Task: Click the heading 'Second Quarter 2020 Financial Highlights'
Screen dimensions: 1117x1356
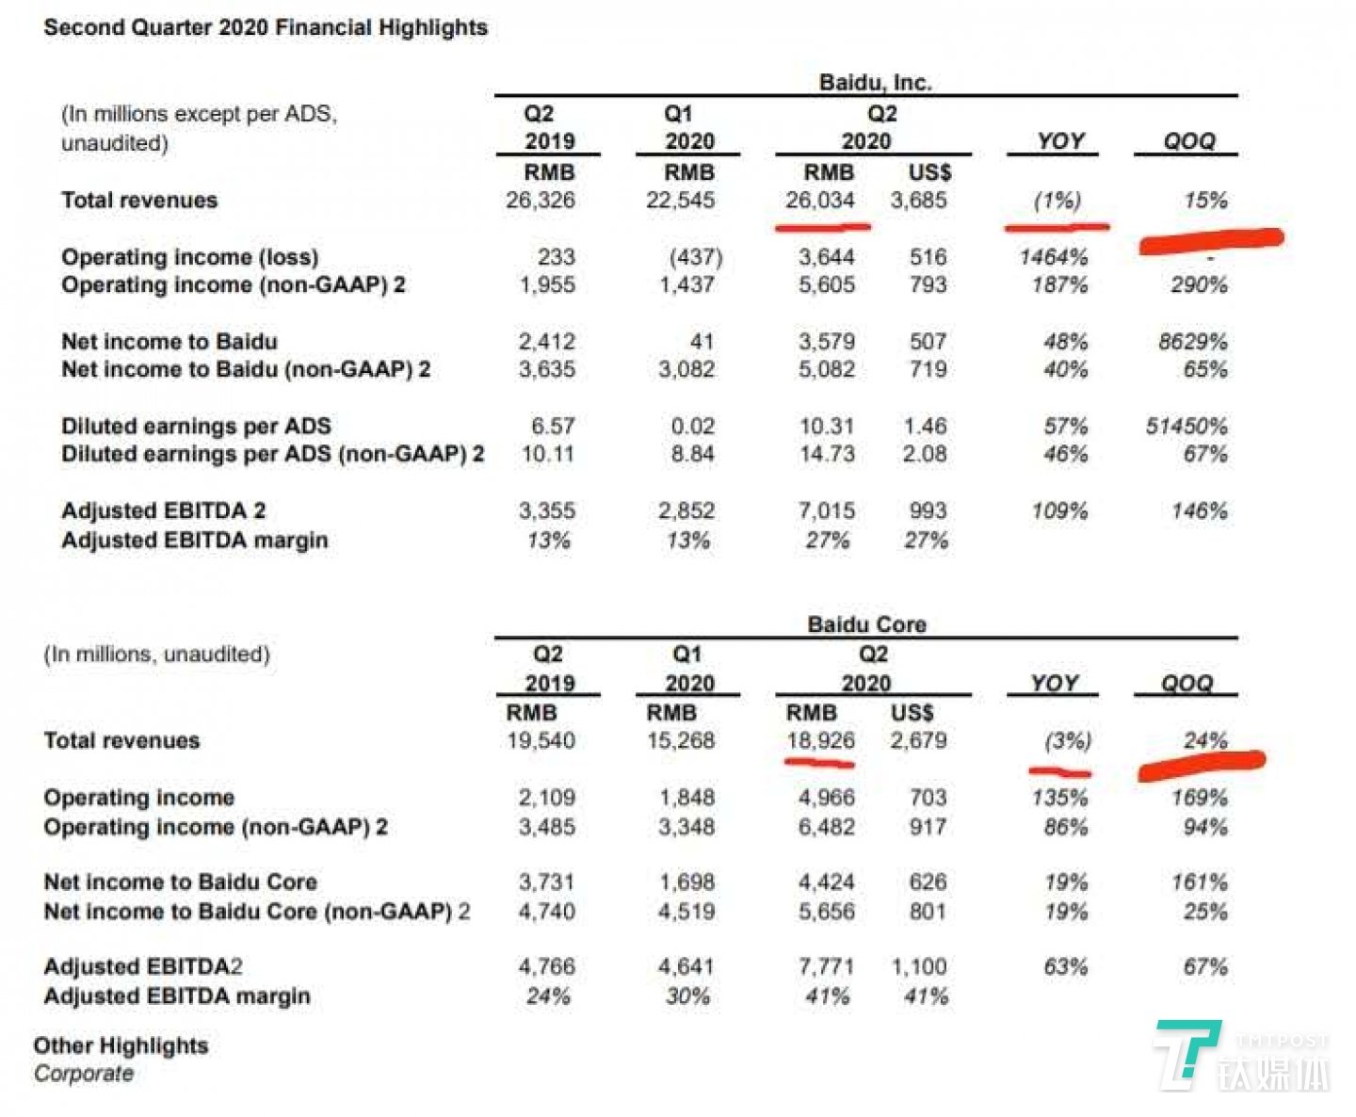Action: [266, 27]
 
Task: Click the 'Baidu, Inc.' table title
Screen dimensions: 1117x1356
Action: [875, 83]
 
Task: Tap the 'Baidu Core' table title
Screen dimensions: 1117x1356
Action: [866, 624]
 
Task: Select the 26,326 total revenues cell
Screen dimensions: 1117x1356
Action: [541, 201]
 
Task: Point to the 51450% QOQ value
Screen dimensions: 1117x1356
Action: [1186, 427]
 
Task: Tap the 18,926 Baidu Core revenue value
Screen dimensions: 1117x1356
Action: [821, 741]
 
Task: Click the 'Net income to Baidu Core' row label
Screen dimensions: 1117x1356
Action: [180, 882]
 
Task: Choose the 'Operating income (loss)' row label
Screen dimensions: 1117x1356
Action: [189, 257]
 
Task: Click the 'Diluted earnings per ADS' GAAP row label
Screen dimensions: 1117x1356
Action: [196, 426]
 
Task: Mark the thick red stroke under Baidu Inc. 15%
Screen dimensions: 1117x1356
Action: [1211, 241]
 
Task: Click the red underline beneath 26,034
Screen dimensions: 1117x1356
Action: [822, 226]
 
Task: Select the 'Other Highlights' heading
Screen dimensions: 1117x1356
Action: [121, 1045]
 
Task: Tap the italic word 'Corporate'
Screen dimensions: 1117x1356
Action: [84, 1074]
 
